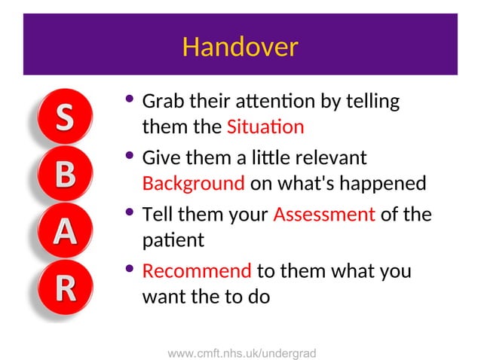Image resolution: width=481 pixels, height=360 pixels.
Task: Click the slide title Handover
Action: [x=240, y=47]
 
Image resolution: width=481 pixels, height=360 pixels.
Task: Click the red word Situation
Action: [x=265, y=127]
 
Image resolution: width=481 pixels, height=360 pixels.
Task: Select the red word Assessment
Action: [x=324, y=215]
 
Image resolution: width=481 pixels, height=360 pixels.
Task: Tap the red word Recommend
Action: [x=197, y=271]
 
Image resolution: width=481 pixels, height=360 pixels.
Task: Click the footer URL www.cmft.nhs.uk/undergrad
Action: [x=241, y=352]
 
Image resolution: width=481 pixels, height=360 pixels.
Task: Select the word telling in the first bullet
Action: [x=373, y=101]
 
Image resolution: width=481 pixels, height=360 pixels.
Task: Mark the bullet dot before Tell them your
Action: [x=130, y=213]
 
